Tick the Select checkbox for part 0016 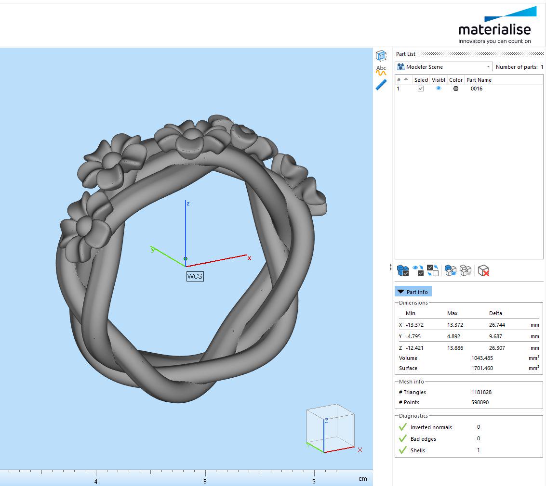(x=421, y=89)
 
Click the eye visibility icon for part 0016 (x=439, y=89)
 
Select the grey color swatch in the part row (x=456, y=89)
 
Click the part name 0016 (x=476, y=89)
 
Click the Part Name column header (x=479, y=80)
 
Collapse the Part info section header (x=413, y=292)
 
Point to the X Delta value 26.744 (x=497, y=325)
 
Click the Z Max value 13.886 (x=455, y=347)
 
